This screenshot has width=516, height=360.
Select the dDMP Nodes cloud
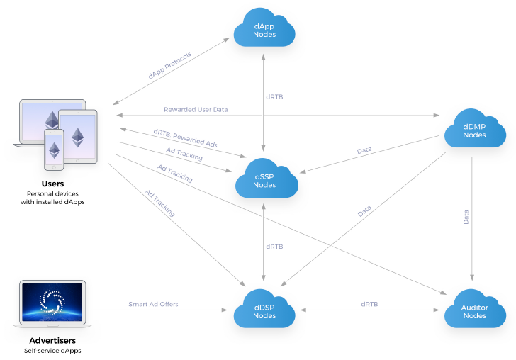473,130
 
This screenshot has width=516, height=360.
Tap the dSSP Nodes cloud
265,180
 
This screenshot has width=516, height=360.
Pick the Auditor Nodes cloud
474,310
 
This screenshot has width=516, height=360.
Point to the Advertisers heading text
52,340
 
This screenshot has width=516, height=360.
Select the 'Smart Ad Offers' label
153,304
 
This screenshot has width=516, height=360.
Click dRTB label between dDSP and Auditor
369,304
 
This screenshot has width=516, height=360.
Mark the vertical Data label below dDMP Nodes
466,217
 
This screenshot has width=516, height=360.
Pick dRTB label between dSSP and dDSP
275,247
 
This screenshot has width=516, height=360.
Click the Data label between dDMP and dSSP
364,150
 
